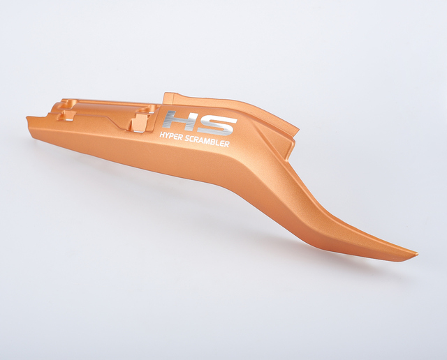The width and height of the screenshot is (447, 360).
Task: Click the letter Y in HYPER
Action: coord(167,135)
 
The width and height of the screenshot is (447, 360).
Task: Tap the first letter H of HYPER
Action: coord(161,135)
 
